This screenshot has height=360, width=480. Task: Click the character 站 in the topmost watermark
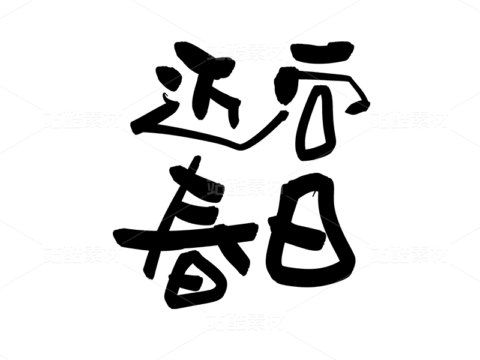click(216, 52)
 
